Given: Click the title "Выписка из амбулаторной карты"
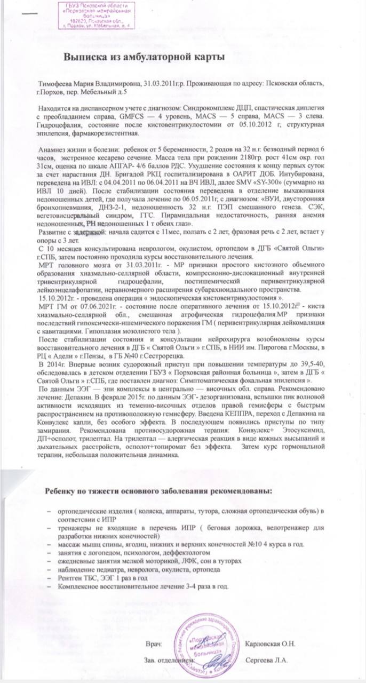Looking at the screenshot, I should pos(141,57).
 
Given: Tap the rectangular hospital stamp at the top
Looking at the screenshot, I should pos(96,15).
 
